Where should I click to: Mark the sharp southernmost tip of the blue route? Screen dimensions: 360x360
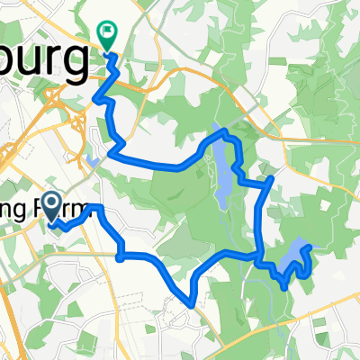[192, 304]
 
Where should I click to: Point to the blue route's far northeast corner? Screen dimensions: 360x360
[272, 180]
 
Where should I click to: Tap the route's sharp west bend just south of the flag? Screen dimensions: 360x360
[95, 100]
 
